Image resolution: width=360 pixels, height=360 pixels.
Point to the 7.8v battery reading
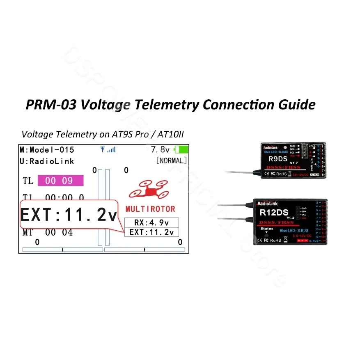[160, 150]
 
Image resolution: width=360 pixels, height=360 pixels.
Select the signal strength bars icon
[108, 150]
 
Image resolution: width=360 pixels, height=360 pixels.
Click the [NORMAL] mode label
[171, 161]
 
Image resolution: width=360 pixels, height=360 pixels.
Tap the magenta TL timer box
[60, 180]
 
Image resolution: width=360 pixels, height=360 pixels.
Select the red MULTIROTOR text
[150, 209]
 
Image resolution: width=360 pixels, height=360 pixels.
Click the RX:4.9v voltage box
[151, 222]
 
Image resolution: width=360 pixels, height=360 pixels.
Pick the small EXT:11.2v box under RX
[151, 232]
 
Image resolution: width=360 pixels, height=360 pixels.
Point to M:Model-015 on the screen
[47, 150]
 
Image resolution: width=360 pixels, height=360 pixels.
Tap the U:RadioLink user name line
[47, 161]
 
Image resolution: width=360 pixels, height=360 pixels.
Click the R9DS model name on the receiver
[277, 158]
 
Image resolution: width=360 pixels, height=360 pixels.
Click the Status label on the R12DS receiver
[266, 228]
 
